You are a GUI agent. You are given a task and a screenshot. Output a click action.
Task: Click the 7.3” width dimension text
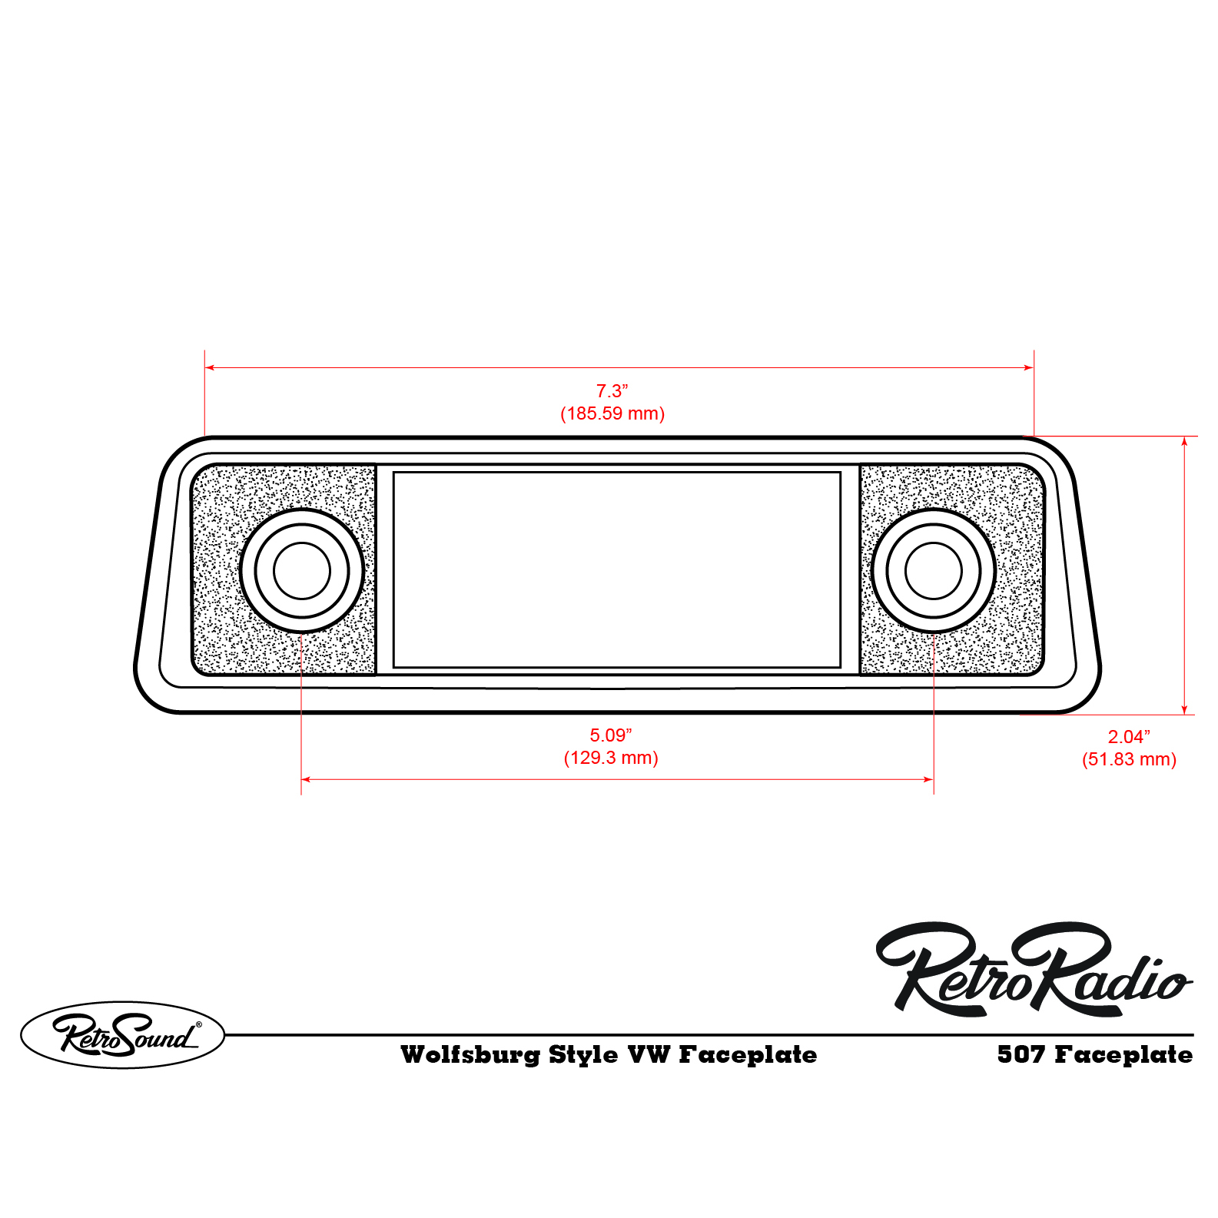tap(612, 391)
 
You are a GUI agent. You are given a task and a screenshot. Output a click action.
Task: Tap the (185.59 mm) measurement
tap(612, 413)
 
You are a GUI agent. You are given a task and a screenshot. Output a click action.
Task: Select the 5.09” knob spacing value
tap(610, 735)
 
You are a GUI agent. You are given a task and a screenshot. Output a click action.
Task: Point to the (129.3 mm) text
tap(611, 758)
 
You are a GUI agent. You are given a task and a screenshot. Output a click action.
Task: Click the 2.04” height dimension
tap(1128, 737)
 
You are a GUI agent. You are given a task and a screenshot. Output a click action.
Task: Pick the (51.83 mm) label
tap(1129, 759)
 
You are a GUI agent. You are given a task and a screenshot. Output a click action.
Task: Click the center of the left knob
tap(301, 570)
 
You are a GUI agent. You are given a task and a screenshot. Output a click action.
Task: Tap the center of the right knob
tap(934, 570)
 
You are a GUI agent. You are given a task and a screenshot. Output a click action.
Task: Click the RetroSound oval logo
tap(123, 1034)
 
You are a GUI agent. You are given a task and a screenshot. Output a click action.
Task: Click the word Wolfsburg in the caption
tap(470, 1054)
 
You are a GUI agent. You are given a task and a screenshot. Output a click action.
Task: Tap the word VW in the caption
tap(649, 1054)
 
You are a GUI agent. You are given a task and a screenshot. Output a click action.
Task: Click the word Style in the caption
tap(583, 1054)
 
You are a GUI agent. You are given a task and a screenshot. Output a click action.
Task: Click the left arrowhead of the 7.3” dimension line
tap(209, 367)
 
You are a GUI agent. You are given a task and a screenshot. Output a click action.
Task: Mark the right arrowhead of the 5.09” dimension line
tap(929, 779)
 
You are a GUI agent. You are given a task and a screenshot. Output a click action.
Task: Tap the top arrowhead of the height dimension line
tap(1185, 441)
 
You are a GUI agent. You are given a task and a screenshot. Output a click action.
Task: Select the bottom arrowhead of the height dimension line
tap(1185, 710)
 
